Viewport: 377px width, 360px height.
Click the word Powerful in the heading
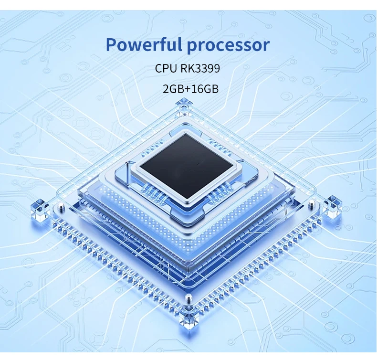tap(143, 45)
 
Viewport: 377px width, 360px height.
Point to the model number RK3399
tap(200, 68)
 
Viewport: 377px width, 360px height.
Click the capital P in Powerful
tap(111, 45)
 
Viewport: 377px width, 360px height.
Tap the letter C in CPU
tap(159, 68)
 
